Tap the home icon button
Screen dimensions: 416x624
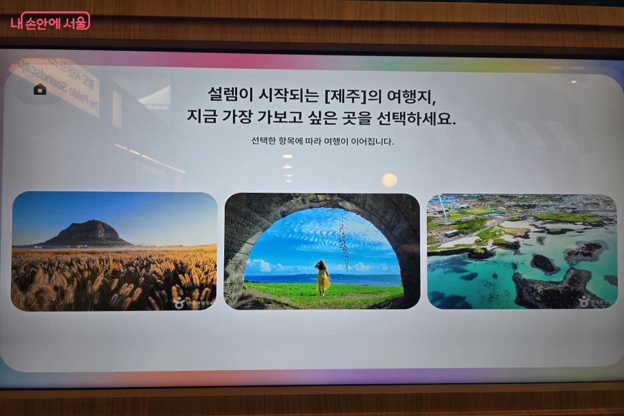coord(40,89)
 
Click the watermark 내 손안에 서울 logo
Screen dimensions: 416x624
coord(50,21)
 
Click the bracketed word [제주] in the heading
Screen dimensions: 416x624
coord(345,95)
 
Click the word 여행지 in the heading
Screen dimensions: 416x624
coord(411,95)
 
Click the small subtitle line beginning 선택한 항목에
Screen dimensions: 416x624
coord(322,141)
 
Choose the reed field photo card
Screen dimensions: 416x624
coord(114,251)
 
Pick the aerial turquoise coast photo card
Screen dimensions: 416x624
coord(522,251)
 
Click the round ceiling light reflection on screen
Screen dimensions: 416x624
coord(389,180)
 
